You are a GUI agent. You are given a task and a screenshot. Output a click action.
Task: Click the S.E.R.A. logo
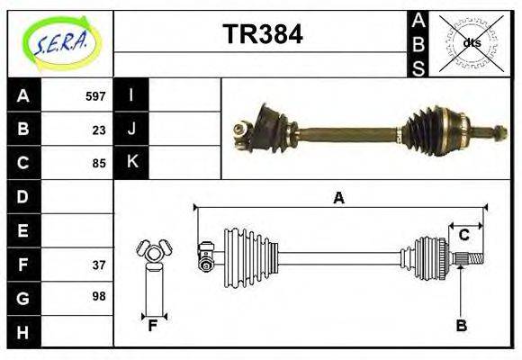click(61, 43)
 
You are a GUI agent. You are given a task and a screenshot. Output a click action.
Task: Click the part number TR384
click(262, 35)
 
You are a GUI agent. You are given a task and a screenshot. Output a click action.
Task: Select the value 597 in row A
click(95, 96)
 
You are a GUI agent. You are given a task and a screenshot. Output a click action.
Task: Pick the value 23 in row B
click(99, 130)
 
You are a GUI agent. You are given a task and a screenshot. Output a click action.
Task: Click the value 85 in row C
click(99, 164)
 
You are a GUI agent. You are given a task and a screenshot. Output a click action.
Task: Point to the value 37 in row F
click(99, 265)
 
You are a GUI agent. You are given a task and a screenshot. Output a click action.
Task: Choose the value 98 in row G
click(99, 296)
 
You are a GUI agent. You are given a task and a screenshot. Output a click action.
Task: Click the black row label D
click(23, 196)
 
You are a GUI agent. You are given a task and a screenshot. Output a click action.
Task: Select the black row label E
click(23, 230)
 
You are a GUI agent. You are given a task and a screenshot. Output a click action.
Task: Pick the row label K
click(131, 163)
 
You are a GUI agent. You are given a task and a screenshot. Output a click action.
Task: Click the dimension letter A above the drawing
click(338, 199)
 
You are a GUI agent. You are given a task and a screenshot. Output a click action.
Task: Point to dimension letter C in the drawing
click(463, 236)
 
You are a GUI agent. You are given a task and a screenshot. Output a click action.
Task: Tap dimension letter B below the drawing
click(461, 326)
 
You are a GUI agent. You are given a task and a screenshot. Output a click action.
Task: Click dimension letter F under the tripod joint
click(152, 326)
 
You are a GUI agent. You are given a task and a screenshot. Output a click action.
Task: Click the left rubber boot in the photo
click(269, 123)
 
